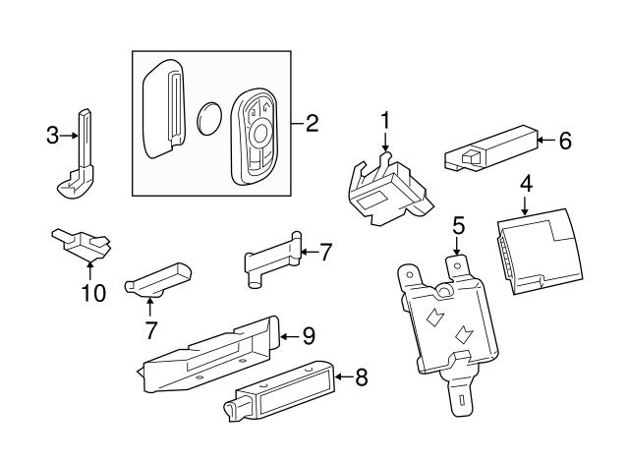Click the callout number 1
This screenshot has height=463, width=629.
coord(385,120)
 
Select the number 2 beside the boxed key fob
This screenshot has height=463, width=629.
coord(312,123)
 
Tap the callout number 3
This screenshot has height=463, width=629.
coord(53,136)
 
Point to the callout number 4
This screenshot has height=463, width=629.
coord(526,182)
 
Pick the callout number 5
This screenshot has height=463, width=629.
coord(458,225)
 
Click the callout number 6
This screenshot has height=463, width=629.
coord(564,141)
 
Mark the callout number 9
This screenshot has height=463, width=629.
coord(308,336)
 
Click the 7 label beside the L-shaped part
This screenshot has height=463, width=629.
coord(326,252)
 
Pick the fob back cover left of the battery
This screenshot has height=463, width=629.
coord(164,108)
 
